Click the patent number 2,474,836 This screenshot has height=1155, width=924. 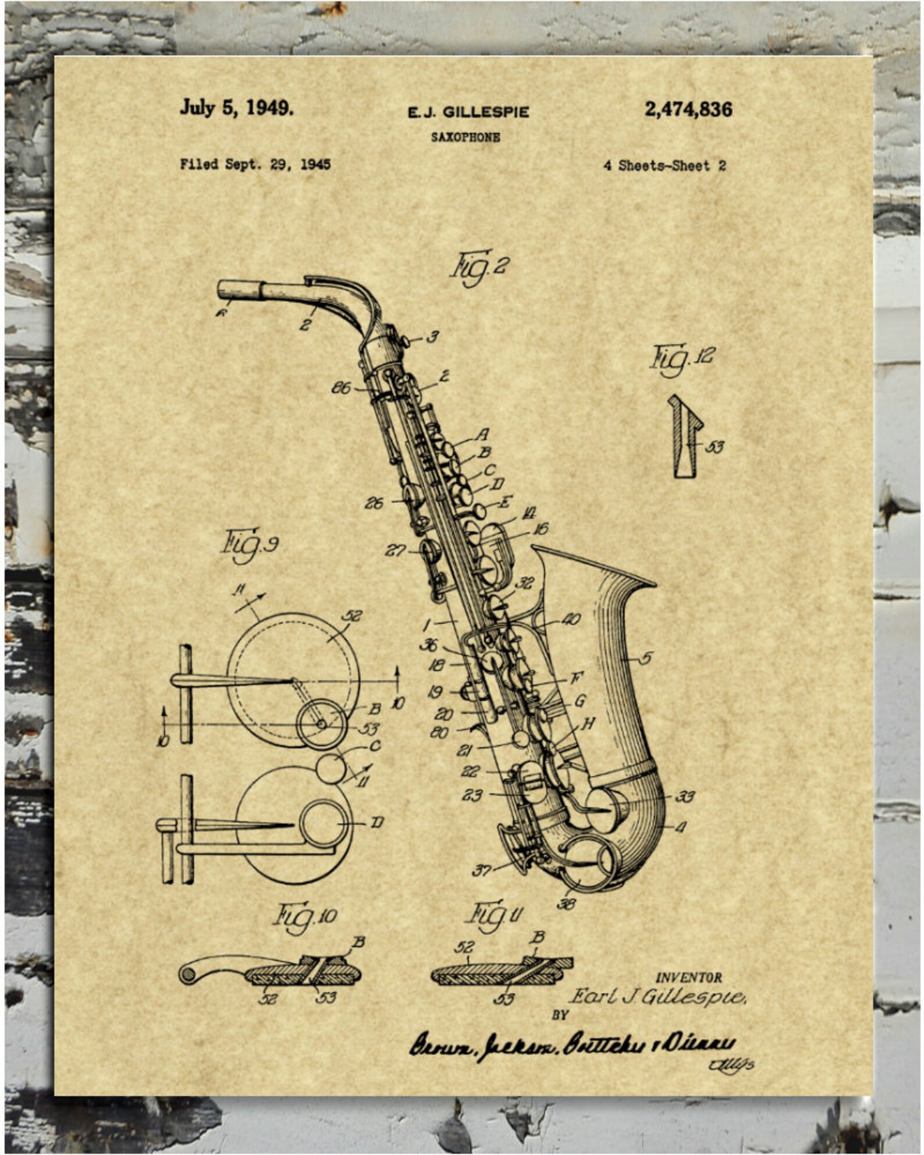(688, 109)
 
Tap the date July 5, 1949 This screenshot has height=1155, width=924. (236, 108)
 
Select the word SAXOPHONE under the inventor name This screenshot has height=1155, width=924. (465, 138)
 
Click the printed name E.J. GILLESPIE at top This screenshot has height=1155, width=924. (468, 112)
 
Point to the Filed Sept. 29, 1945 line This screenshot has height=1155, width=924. (255, 165)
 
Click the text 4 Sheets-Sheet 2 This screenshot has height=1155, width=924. (664, 166)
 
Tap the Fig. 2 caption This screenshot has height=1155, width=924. (479, 267)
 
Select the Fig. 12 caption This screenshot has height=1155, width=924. (681, 358)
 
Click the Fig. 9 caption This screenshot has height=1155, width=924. (250, 545)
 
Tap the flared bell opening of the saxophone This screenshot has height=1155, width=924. (594, 564)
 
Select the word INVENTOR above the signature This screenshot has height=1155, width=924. (688, 978)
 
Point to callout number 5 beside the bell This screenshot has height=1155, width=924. (645, 659)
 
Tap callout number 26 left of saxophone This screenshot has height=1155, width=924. (374, 503)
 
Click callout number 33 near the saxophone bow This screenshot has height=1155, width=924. (685, 797)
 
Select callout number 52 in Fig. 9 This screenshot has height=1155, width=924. (353, 616)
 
